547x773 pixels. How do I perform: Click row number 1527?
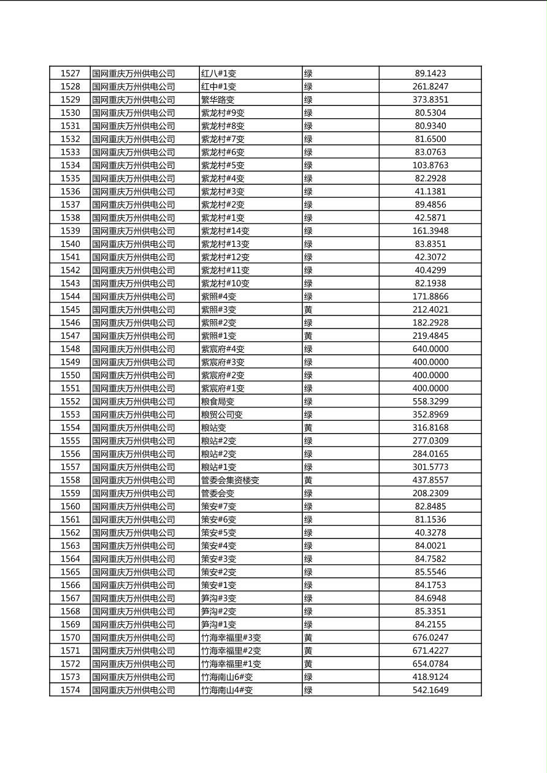(x=70, y=74)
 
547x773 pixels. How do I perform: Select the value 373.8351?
(x=430, y=100)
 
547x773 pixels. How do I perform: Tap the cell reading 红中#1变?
(x=219, y=87)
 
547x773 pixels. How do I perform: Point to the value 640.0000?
(x=430, y=349)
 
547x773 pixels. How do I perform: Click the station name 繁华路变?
(x=218, y=100)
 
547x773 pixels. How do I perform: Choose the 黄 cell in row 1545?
(x=308, y=310)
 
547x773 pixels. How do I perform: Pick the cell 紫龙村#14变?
(x=225, y=231)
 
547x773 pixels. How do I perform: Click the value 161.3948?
(x=430, y=231)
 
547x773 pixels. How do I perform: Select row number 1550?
(x=70, y=375)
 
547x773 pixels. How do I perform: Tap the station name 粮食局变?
(x=218, y=402)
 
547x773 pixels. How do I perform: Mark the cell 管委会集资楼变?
(x=230, y=480)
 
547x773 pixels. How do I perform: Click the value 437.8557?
(x=430, y=480)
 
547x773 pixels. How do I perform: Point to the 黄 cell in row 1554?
(x=308, y=428)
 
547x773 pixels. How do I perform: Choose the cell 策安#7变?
(x=219, y=507)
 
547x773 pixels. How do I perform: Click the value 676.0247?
(x=430, y=638)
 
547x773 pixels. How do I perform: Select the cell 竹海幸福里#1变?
(x=231, y=664)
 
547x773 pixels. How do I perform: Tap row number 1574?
(x=70, y=690)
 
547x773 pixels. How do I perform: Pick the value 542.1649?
(x=430, y=690)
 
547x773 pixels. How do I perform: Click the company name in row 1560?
(x=134, y=507)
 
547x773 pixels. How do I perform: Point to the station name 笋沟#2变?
(x=219, y=611)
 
